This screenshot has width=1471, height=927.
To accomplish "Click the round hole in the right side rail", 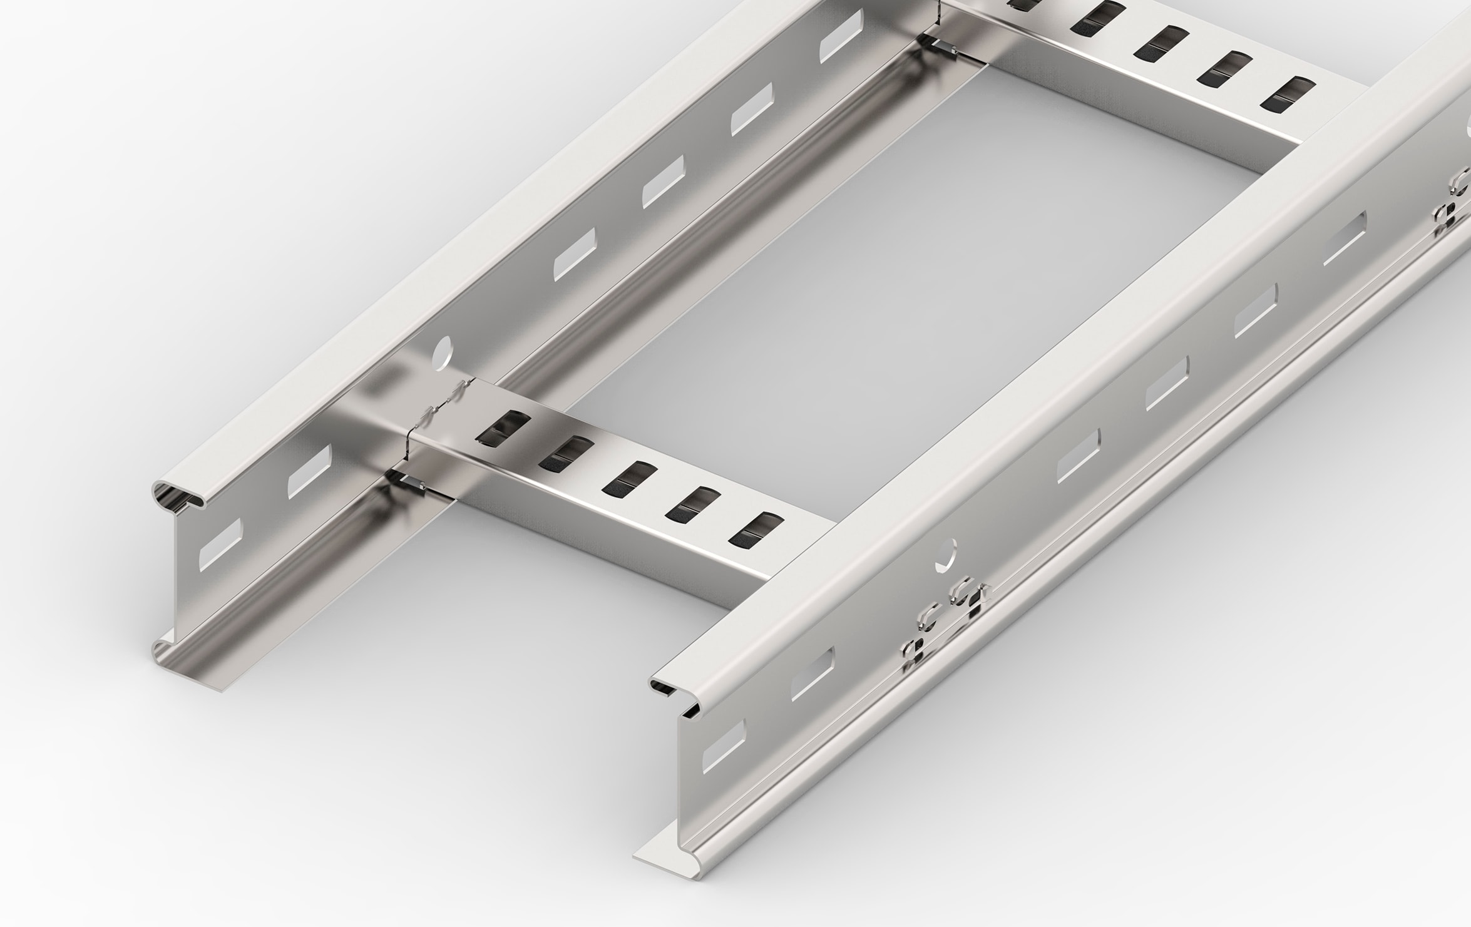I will pyautogui.click(x=946, y=553).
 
